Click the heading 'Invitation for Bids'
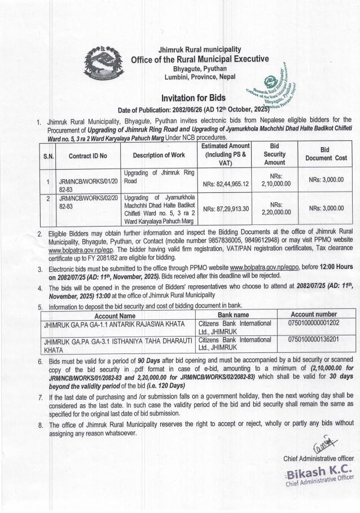coord(194,97)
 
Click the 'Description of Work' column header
coord(159,156)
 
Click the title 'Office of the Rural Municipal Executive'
coord(199,60)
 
